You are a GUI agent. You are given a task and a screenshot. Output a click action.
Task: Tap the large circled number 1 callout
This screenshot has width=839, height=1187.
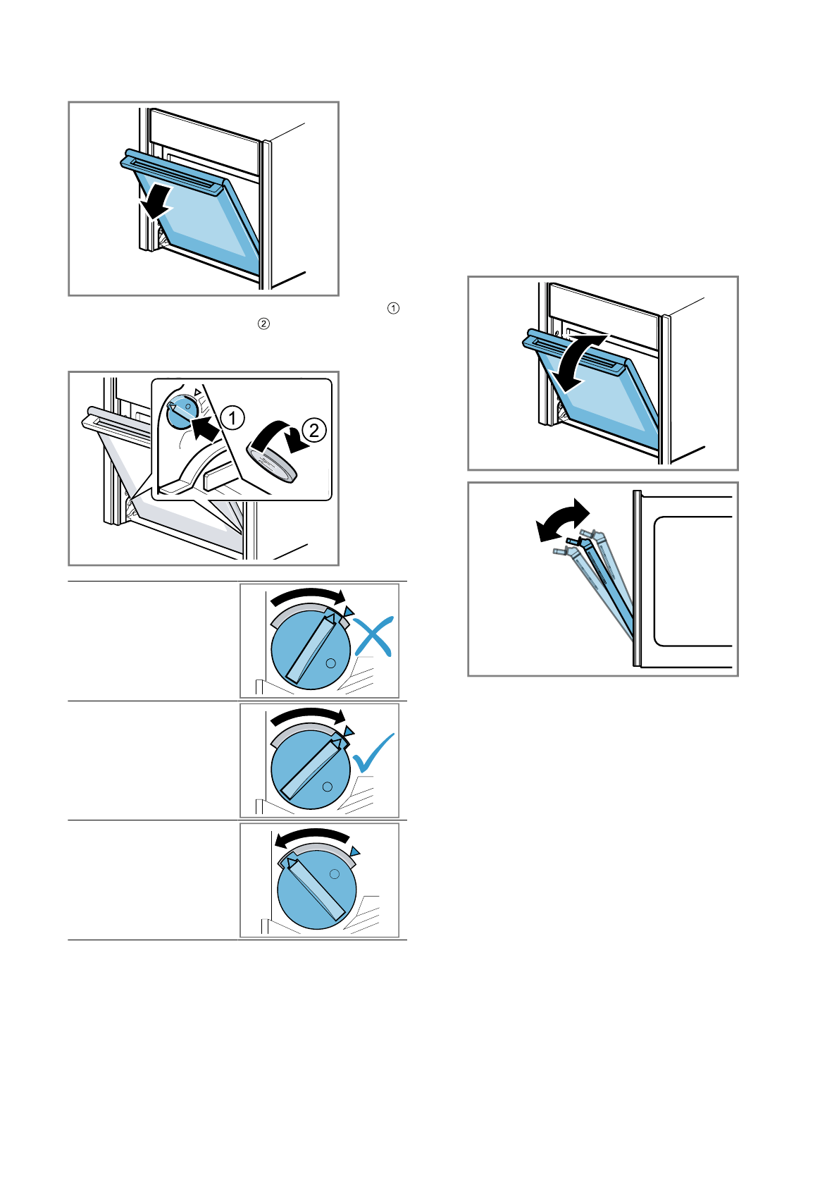click(232, 417)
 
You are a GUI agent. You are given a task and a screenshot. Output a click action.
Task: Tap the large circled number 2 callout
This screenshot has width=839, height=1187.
click(314, 429)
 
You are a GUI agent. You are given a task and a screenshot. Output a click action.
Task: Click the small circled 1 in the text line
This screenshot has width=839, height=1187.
click(393, 308)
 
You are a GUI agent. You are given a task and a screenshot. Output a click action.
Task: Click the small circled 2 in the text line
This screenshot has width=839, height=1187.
click(263, 324)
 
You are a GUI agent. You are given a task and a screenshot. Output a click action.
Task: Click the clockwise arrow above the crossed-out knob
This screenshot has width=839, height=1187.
click(308, 596)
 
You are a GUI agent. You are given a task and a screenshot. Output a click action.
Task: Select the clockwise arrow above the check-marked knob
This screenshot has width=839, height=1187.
click(308, 715)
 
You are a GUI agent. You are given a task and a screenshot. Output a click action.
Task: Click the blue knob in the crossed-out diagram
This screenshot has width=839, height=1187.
click(311, 650)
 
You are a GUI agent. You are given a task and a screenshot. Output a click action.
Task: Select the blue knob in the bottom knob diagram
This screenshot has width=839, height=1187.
click(316, 888)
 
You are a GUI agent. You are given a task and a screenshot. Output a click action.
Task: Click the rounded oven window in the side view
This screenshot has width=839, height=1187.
click(694, 581)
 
